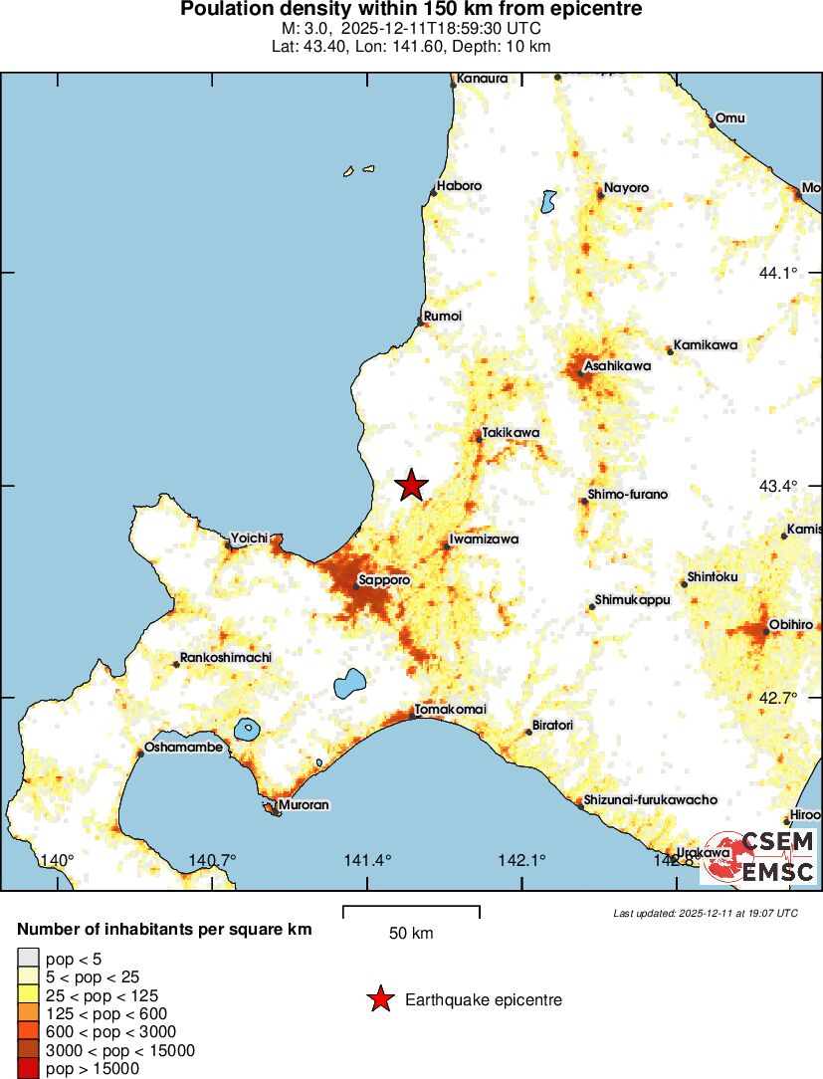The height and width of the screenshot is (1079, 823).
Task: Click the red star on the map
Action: pos(412,486)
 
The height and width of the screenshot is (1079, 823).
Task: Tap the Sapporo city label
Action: pos(384,579)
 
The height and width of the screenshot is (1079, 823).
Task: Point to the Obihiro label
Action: pos(791,624)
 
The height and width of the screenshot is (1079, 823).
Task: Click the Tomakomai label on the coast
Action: pos(451,709)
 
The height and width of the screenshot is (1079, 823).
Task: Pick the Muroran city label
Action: pos(304,804)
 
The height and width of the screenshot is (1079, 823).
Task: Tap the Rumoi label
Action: pos(443,316)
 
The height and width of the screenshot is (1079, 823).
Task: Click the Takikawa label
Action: pos(511,433)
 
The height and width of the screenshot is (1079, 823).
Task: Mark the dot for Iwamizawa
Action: pos(447,546)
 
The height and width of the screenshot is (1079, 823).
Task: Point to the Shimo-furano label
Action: pos(628,494)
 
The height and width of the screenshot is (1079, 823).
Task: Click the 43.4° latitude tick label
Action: pos(779,486)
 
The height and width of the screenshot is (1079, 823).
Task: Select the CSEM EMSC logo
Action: pos(759,857)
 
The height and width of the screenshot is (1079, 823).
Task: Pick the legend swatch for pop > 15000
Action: pos(29,1069)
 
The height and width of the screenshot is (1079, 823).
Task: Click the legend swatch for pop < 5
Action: pos(29,959)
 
